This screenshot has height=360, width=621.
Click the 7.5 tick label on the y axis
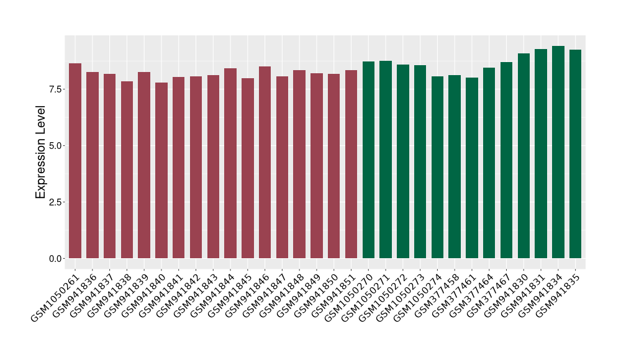55,89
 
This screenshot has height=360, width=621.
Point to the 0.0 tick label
55,258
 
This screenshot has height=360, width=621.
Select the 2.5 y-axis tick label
55,202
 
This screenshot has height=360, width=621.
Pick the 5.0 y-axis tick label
55,145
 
